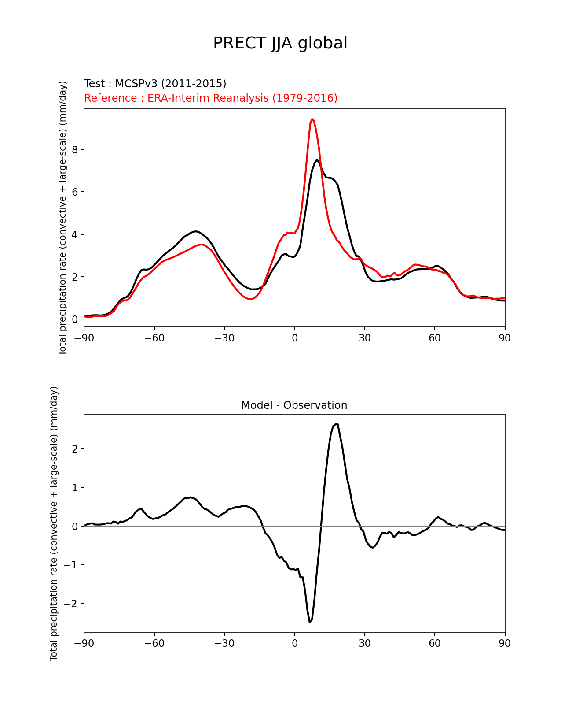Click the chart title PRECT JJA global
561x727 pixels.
pos(280,44)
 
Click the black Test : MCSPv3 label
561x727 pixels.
pos(155,84)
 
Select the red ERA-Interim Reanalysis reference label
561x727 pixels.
pos(211,98)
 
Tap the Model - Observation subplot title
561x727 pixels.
pos(294,405)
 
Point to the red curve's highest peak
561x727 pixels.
pos(312,119)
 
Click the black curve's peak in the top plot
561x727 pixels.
pos(317,160)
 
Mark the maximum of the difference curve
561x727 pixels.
pos(336,424)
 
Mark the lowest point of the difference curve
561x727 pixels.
pos(310,622)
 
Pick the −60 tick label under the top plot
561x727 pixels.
pos(154,338)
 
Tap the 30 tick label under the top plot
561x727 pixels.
pos(365,338)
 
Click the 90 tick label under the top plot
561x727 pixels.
pos(505,338)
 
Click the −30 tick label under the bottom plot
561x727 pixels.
pos(224,643)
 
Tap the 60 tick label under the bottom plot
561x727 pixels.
pos(435,643)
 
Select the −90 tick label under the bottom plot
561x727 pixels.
pos(84,643)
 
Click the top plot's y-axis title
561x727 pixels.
pos(63,218)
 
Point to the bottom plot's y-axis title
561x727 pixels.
pos(54,523)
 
